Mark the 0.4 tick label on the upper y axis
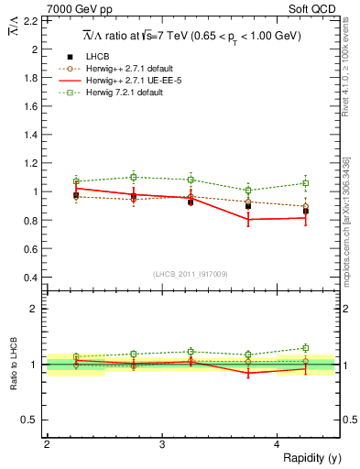pyautogui.click(x=33, y=278)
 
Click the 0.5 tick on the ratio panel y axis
pyautogui.click(x=33, y=420)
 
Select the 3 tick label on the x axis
pyautogui.click(x=161, y=444)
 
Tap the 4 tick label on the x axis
pyautogui.click(x=278, y=444)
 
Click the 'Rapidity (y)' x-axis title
pyautogui.click(x=308, y=458)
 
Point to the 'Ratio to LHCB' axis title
pyautogui.click(x=13, y=365)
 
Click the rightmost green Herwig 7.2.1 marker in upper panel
pyautogui.click(x=306, y=183)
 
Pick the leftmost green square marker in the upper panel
pyautogui.click(x=76, y=181)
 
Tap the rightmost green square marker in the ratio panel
pyautogui.click(x=306, y=348)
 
